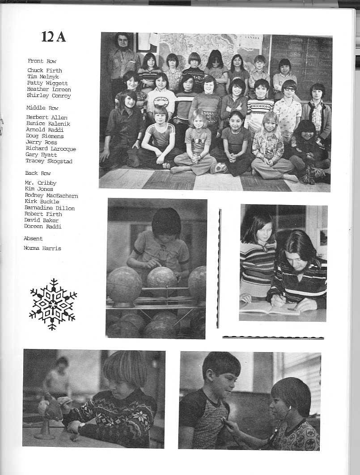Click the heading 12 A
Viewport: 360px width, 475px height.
coord(53,37)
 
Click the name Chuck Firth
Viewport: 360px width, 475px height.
coord(44,71)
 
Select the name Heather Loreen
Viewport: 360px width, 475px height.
coord(48,89)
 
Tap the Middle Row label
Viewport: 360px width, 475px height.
coord(42,108)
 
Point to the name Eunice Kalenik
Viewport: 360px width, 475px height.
coord(48,124)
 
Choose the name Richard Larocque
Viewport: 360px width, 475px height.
coord(51,149)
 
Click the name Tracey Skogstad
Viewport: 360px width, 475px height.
coord(49,161)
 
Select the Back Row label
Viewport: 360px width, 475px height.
coord(38,173)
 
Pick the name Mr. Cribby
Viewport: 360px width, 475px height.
coord(41,183)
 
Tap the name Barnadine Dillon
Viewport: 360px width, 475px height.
coord(50,208)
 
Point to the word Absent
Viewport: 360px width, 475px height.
coord(34,239)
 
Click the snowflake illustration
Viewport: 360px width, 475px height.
coord(53,304)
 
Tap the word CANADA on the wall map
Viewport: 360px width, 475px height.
coord(254,38)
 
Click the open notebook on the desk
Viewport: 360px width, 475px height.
coord(264,307)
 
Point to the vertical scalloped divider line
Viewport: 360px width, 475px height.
coord(219,268)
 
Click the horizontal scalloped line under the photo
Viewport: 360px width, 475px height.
coord(273,337)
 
